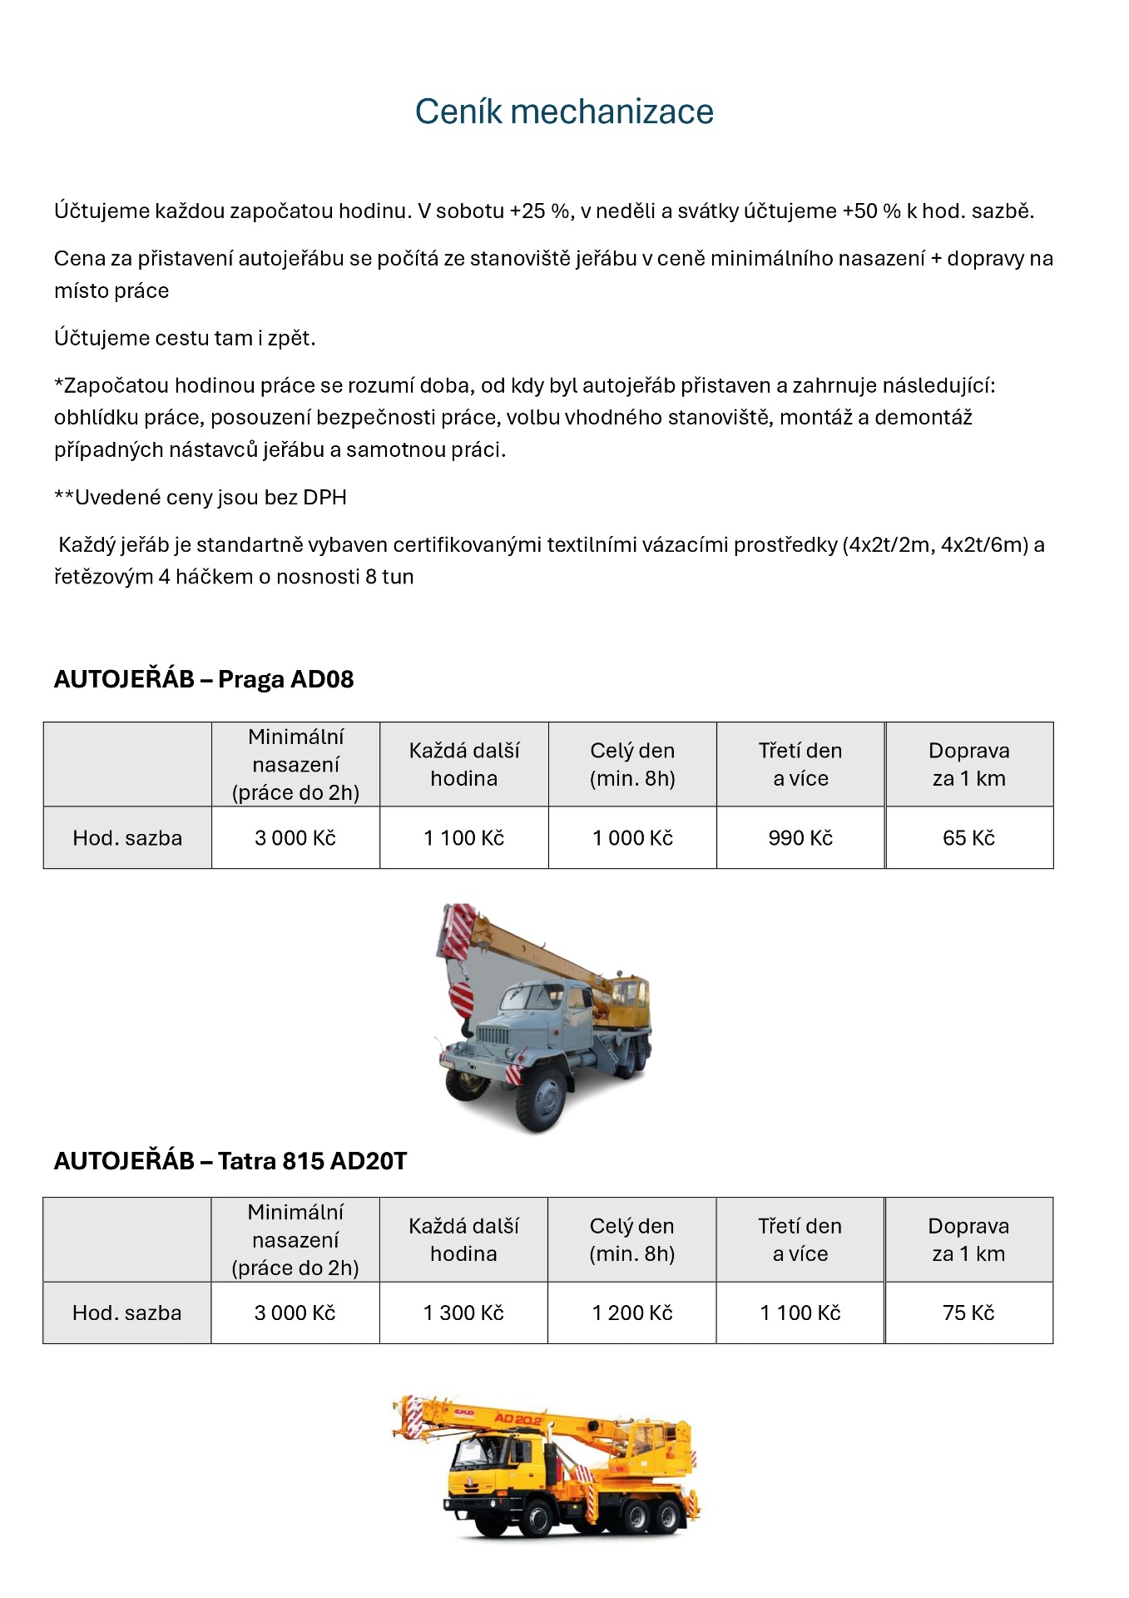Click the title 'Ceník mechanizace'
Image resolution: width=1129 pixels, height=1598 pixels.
click(x=564, y=112)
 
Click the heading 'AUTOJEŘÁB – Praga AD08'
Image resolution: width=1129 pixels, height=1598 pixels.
click(x=204, y=679)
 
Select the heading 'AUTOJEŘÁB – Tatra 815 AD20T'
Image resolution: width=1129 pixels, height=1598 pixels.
click(x=230, y=1160)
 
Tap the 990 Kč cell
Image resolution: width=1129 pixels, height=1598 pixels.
click(x=800, y=838)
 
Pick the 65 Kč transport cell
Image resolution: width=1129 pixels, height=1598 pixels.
click(x=968, y=838)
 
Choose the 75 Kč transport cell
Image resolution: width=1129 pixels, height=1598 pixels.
click(x=968, y=1313)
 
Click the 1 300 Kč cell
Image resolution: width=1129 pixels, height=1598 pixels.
click(x=463, y=1313)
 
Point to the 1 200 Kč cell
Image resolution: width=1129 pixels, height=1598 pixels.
click(x=632, y=1313)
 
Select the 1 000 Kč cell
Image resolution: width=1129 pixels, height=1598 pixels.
click(x=632, y=838)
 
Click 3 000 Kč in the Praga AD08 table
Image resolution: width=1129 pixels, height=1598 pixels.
click(x=295, y=838)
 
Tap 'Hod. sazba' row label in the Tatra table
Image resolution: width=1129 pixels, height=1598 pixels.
click(x=126, y=1313)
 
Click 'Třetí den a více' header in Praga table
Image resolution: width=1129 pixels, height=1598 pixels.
click(x=800, y=764)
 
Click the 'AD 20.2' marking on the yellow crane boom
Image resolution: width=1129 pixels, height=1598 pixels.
click(x=517, y=1418)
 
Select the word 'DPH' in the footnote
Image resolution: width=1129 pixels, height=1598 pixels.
click(x=324, y=497)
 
